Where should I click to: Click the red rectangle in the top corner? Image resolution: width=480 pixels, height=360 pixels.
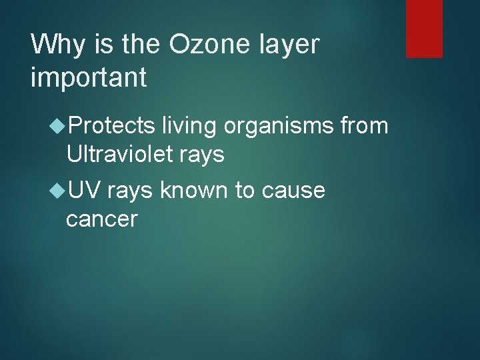coord(425,28)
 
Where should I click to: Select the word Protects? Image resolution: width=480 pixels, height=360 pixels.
coord(111,125)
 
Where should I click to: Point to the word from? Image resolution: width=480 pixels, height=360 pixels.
coord(364,125)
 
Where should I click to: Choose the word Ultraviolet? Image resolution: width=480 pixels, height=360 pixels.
coord(121,155)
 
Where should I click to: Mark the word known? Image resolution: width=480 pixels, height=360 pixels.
coord(194,191)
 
